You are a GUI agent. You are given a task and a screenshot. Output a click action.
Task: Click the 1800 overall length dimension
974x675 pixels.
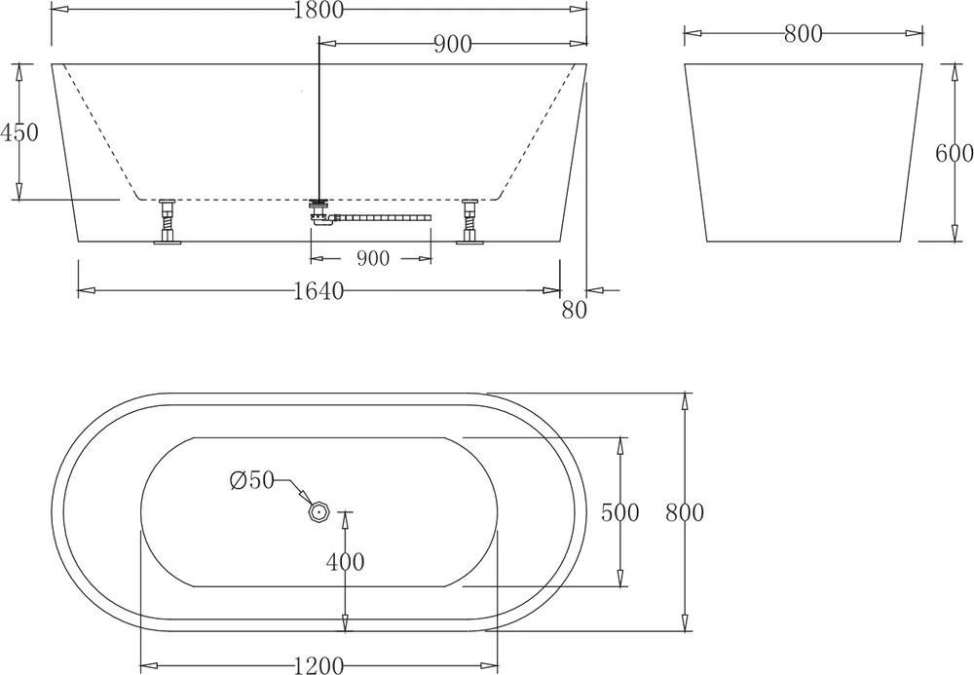(318, 10)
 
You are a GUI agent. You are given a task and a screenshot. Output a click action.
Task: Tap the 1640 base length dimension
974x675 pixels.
(318, 290)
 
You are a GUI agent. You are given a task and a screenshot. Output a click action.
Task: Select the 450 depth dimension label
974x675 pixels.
(19, 132)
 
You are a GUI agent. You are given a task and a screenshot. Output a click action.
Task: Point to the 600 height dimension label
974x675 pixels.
(955, 153)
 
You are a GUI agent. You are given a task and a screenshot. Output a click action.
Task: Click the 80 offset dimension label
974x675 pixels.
(574, 310)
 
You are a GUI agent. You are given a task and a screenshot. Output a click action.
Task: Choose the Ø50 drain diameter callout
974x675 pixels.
(251, 480)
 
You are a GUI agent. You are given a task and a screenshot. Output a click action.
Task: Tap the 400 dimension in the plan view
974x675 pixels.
(346, 562)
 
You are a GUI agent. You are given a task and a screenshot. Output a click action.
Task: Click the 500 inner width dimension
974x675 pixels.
(619, 512)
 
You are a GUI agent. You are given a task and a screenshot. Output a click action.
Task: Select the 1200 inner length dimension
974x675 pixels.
(318, 666)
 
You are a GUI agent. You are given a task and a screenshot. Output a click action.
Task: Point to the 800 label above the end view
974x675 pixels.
(803, 33)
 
